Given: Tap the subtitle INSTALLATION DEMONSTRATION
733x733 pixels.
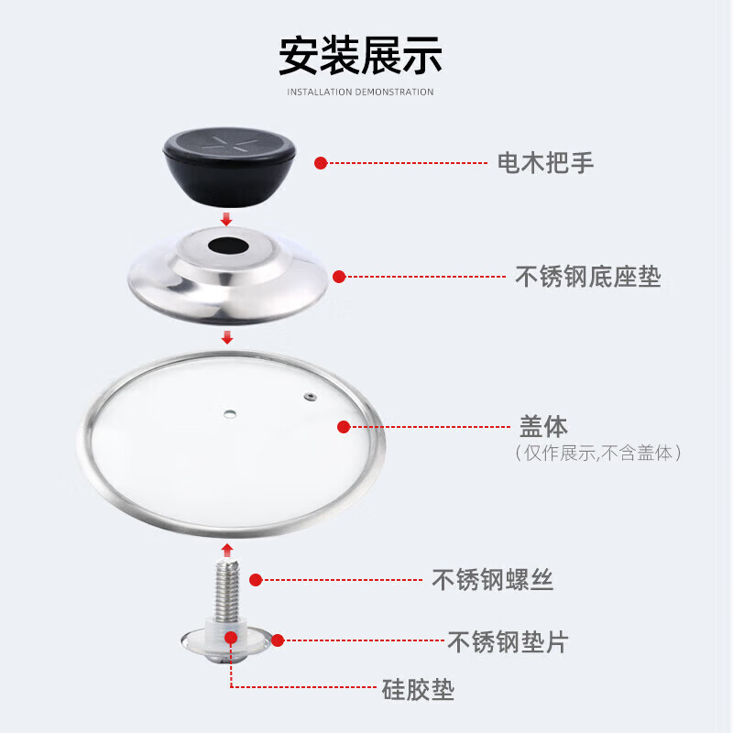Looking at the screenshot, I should (x=360, y=92).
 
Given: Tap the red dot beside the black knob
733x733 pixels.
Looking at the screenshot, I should (x=321, y=163).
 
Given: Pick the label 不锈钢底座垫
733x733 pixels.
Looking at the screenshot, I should (x=588, y=277).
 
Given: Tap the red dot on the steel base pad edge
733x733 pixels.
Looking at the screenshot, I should (x=339, y=276).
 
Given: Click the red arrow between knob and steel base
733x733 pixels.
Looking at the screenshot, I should (x=226, y=219).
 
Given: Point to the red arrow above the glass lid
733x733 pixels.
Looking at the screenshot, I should (x=226, y=338).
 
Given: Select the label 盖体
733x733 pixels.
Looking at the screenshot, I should (x=544, y=427).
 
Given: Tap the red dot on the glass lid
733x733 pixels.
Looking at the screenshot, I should (x=345, y=427).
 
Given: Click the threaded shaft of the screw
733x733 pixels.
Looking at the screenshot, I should (x=226, y=587).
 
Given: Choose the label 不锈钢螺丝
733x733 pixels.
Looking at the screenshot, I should (x=492, y=580).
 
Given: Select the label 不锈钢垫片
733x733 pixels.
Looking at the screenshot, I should (x=507, y=641).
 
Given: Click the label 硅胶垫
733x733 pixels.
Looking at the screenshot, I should (x=418, y=689).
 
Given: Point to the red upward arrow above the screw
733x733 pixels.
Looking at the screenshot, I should (x=226, y=549).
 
